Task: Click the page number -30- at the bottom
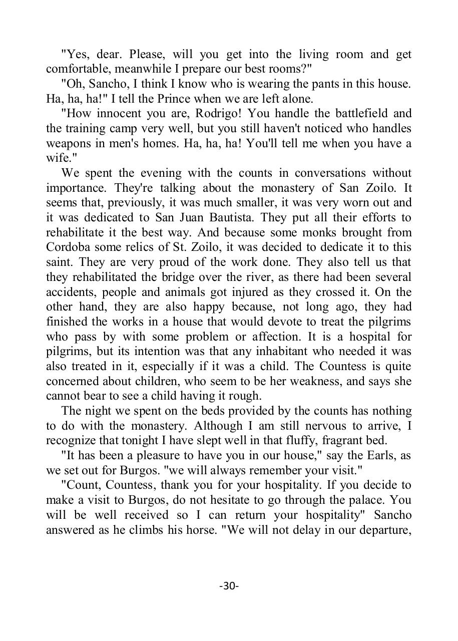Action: (x=229, y=585)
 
